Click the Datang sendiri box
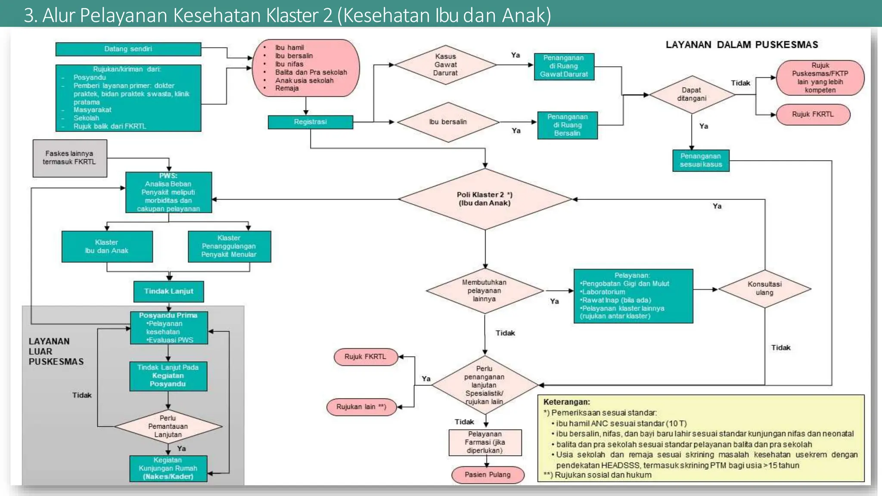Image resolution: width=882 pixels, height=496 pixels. [128, 49]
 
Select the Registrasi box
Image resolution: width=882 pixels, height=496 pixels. [310, 122]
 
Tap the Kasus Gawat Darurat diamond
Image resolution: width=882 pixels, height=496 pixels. [445, 65]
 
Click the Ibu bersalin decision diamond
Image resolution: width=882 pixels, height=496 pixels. [448, 122]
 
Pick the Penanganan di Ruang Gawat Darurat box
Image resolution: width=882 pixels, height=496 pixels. [564, 66]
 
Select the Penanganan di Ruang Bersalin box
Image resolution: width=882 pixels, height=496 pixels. [567, 125]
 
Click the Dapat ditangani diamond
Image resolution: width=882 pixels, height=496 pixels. [691, 95]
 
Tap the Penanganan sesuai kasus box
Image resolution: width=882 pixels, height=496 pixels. [701, 161]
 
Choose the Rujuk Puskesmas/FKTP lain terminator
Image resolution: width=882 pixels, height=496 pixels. [820, 78]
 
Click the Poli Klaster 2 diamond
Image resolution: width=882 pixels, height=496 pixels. [485, 199]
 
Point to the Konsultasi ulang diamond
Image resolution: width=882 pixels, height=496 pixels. [764, 288]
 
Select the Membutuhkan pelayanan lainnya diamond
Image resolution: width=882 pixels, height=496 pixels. [484, 291]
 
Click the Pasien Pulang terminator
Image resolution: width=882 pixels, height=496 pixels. [488, 475]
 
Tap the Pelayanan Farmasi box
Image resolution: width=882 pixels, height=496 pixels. [485, 443]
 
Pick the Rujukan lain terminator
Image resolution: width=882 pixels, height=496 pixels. [361, 407]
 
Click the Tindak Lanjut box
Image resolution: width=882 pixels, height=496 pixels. [168, 291]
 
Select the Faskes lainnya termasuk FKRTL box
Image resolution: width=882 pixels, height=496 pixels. [70, 158]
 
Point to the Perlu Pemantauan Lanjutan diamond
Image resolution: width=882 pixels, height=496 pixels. [168, 426]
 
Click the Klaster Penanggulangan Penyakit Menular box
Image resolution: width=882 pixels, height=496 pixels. [229, 246]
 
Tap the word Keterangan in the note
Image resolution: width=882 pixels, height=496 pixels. [566, 402]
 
